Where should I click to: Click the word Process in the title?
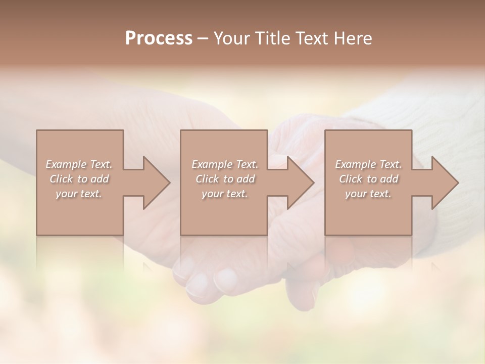159,38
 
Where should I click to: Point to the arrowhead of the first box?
156,183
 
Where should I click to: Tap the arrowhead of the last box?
445,183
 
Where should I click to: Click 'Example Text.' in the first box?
79,164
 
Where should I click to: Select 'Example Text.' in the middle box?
224,164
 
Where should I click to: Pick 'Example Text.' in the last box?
368,164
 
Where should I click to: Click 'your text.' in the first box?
79,194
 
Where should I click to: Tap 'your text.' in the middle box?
224,194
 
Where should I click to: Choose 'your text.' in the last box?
368,194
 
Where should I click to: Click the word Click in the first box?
61,179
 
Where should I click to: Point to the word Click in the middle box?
207,179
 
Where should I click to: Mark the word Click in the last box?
351,179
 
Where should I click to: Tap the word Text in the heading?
313,38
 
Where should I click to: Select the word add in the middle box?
246,179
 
